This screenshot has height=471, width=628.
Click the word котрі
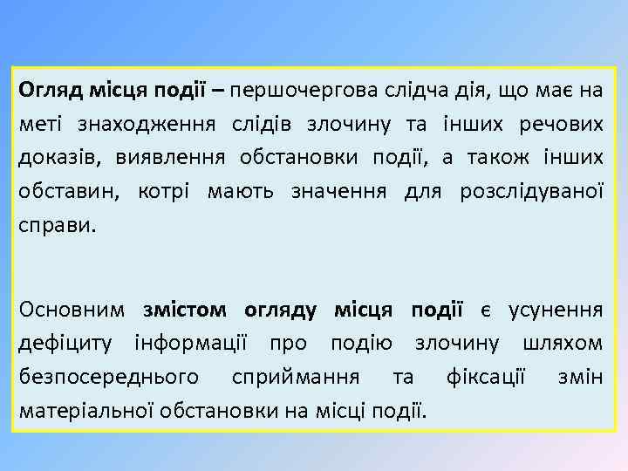pyautogui.click(x=164, y=191)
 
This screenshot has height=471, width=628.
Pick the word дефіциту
pyautogui.click(x=70, y=342)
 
